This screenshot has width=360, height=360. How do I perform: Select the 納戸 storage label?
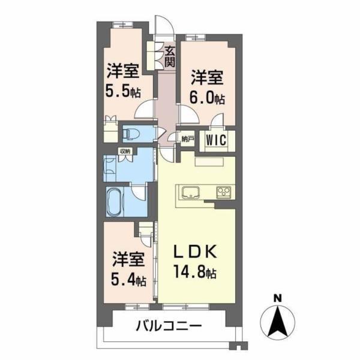(187, 140)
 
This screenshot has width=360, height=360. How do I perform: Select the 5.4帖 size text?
(129, 280)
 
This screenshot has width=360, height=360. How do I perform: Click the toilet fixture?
(131, 133)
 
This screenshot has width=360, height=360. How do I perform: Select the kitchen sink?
(190, 193)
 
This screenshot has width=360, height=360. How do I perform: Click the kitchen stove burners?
(223, 193)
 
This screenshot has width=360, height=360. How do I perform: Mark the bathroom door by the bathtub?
(139, 194)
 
